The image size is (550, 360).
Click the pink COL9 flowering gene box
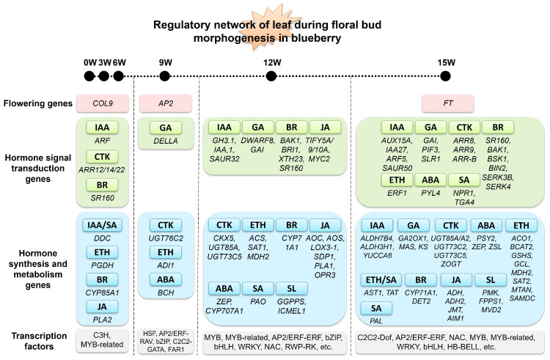pos(103,103)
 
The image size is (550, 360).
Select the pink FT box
pos(448,103)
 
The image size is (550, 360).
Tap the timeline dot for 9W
pos(164,76)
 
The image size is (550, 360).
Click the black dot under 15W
pos(445,76)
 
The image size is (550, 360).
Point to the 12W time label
pos(272,63)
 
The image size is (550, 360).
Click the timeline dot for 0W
pos(89,76)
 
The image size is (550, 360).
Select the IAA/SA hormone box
pos(102,225)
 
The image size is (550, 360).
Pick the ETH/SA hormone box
pos(381,280)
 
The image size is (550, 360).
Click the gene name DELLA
pos(166,141)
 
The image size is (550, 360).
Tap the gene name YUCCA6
pos(378,255)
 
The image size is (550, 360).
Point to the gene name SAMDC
pos(522,298)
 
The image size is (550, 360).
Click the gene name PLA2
pos(102,320)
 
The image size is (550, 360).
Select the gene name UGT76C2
pos(166,238)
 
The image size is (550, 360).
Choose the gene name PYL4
pos(430,193)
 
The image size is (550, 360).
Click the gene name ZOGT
pos(451,264)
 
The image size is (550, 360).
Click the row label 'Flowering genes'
pos(38,103)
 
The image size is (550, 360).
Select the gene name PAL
pos(376,320)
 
